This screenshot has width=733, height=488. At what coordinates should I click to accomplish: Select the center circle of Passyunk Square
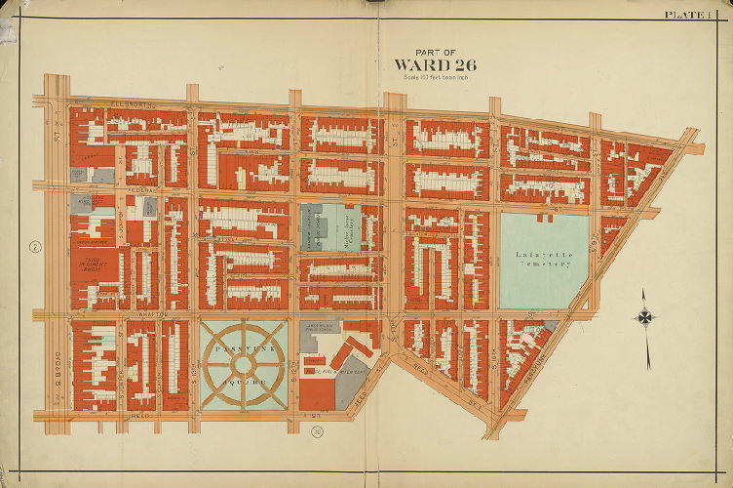pyautogui.click(x=244, y=363)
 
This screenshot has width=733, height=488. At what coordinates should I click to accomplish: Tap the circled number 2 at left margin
pyautogui.click(x=34, y=247)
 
